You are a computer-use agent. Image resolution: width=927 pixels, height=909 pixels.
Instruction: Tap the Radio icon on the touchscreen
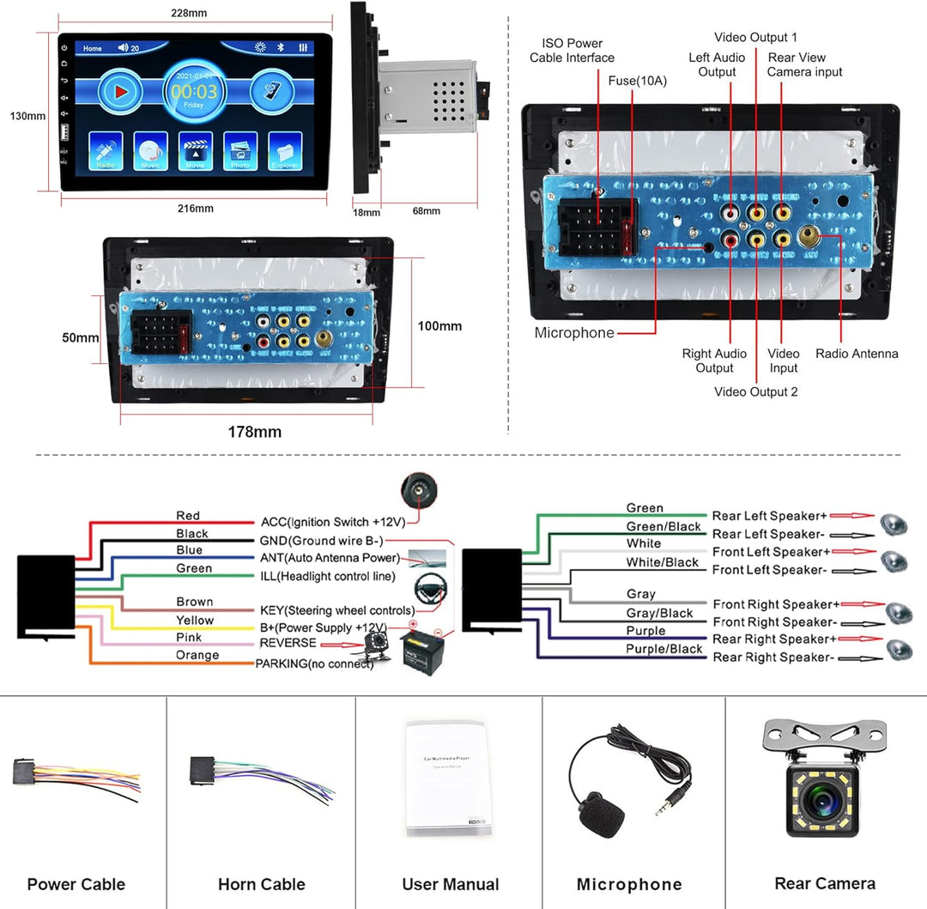coord(106,151)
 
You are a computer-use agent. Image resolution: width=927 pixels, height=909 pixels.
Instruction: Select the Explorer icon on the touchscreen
coord(285,151)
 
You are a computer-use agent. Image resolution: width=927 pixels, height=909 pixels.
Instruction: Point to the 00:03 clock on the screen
coord(194,89)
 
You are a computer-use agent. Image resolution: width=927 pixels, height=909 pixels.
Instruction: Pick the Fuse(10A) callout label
coord(638,81)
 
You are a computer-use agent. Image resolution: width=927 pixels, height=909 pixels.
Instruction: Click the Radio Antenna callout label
coord(856,354)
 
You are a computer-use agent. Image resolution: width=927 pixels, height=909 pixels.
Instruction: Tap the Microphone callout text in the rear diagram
coord(574,333)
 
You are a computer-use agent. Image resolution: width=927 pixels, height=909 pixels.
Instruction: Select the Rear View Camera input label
coord(804,65)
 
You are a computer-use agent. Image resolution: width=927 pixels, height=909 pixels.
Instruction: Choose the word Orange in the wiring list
coord(197,655)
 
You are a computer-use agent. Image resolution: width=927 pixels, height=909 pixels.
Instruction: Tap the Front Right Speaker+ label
coord(776,604)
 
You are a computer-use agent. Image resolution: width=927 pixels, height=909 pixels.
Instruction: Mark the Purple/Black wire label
coord(663,649)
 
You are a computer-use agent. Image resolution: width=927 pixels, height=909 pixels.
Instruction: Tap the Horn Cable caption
coord(261,884)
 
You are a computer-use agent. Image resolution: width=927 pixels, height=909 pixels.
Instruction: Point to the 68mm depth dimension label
coord(426,211)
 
